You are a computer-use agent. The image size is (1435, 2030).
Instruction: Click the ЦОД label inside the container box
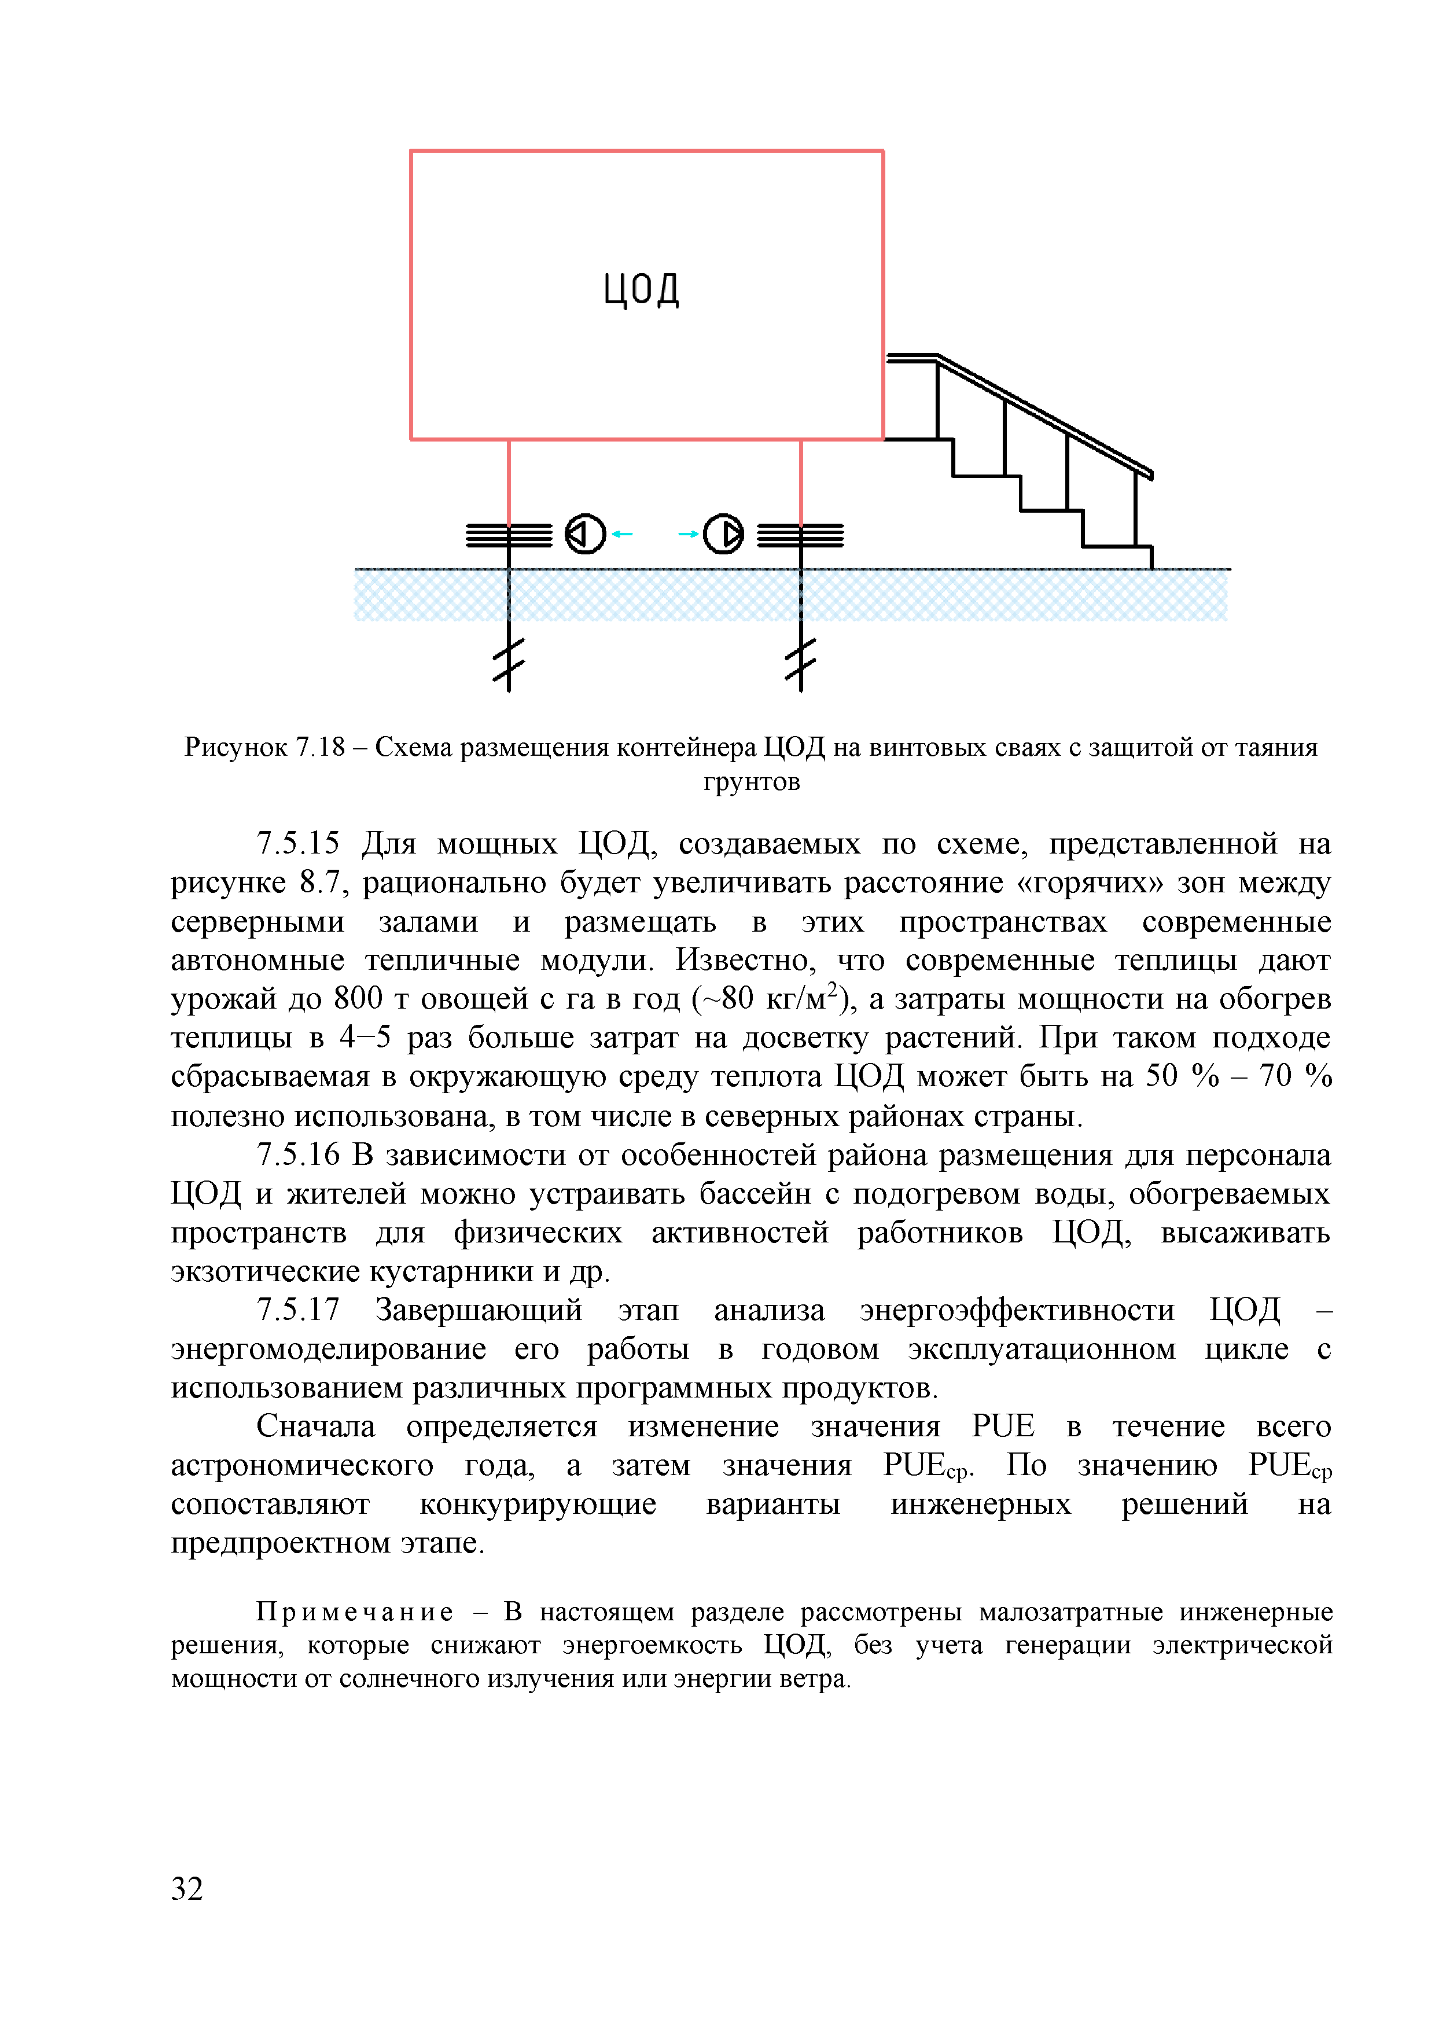coord(641,289)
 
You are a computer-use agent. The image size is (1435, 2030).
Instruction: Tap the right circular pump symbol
coord(723,534)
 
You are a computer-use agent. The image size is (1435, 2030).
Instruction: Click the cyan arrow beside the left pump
coord(623,534)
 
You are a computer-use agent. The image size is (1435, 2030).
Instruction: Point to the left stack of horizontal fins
coord(509,535)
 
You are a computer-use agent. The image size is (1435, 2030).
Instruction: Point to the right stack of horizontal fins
coord(801,535)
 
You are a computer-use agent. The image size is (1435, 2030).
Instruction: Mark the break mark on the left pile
coord(509,661)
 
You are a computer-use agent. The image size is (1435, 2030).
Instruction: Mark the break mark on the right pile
coord(801,661)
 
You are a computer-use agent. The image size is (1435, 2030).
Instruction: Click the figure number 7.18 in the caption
coord(320,748)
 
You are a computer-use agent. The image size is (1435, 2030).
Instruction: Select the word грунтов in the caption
coord(752,782)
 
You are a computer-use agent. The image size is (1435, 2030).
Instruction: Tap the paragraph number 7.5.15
coord(298,844)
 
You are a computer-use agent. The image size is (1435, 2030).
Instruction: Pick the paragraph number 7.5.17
coord(298,1310)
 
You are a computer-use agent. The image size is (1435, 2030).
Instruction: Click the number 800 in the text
coord(358,999)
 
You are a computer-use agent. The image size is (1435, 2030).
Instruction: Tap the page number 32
coord(187,1889)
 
